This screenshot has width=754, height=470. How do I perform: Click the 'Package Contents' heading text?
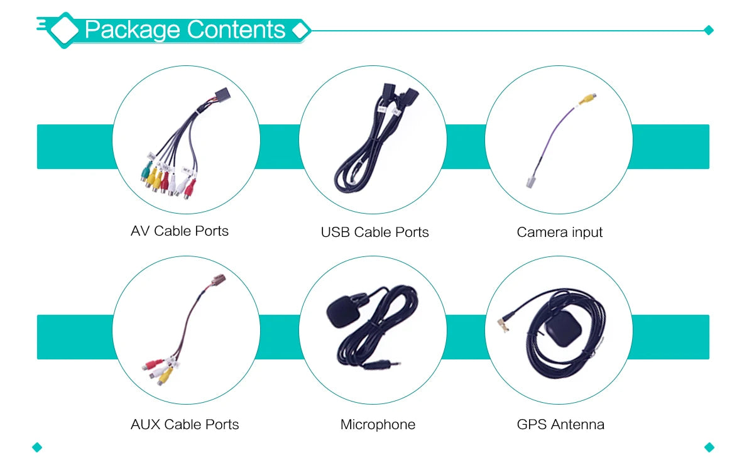(185, 30)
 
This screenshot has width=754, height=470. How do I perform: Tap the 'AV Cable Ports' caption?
(180, 231)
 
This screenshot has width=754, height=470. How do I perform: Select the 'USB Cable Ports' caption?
(374, 232)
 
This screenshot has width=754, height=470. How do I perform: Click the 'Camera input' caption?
(559, 232)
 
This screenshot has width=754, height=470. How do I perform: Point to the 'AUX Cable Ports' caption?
(185, 424)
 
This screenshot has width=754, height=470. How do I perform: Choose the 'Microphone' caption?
(378, 425)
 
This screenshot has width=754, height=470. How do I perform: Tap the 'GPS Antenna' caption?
(560, 424)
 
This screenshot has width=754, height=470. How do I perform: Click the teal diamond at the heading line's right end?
(709, 30)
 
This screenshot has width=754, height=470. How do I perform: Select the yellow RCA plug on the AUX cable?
(165, 376)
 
